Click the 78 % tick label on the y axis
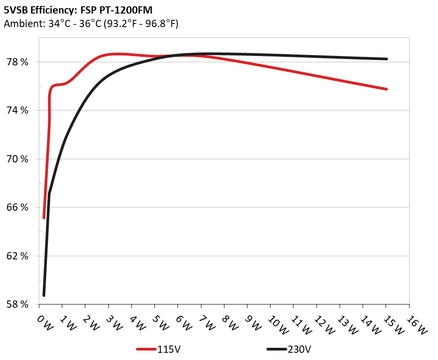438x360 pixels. click(17, 62)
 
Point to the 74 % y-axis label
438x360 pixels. click(17, 111)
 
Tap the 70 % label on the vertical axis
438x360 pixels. click(17, 159)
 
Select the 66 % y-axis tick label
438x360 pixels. click(17, 208)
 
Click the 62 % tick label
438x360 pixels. click(17, 256)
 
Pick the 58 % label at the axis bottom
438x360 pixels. click(17, 305)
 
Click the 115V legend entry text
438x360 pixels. click(169, 349)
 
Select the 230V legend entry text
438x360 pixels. click(299, 349)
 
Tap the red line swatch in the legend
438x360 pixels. click(146, 349)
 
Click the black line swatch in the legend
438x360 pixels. click(276, 349)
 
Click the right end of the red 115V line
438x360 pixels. click(387, 89)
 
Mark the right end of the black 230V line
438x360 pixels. click(387, 59)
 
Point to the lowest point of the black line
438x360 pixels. click(44, 295)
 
